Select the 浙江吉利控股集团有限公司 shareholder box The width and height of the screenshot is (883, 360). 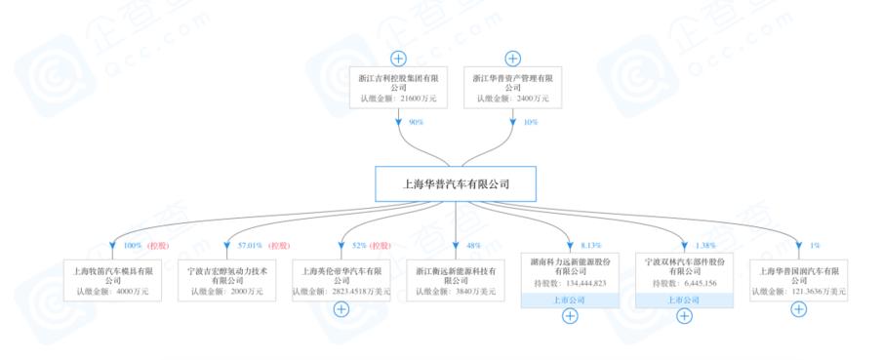pyautogui.click(x=398, y=86)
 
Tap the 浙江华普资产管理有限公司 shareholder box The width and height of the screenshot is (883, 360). pyautogui.click(x=512, y=86)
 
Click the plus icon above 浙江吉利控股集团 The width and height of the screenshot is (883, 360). pyautogui.click(x=398, y=58)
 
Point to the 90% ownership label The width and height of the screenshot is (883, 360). pyautogui.click(x=414, y=123)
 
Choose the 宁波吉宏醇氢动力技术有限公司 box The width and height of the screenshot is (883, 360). pyautogui.click(x=226, y=277)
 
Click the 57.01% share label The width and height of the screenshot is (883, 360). pyautogui.click(x=251, y=245)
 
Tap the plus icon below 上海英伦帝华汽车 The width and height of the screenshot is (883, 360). pyautogui.click(x=341, y=309)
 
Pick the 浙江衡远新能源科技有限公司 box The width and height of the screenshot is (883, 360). pyautogui.click(x=456, y=277)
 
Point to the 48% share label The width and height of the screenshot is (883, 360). pyautogui.click(x=471, y=245)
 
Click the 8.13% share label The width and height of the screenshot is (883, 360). pyautogui.click(x=587, y=245)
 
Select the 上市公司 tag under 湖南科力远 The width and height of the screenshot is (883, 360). pyautogui.click(x=570, y=300)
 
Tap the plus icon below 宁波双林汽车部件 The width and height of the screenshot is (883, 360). pyautogui.click(x=685, y=315)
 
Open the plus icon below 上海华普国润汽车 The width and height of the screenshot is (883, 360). pyautogui.click(x=799, y=309)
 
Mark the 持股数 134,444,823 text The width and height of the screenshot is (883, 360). pyautogui.click(x=570, y=284)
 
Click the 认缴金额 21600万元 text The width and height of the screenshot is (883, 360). pyautogui.click(x=398, y=99)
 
